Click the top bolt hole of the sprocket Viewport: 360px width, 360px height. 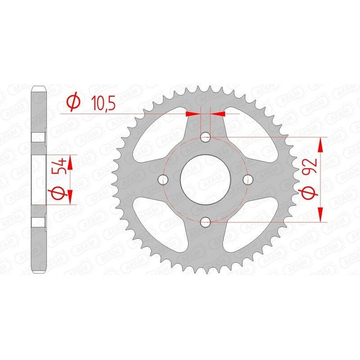206,136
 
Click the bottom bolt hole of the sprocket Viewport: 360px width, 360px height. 206,221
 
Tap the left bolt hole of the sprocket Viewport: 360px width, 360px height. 163,179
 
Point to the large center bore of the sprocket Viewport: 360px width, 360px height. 206,179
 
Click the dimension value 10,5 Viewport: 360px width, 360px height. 103,103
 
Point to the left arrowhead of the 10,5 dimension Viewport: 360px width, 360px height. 193,114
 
